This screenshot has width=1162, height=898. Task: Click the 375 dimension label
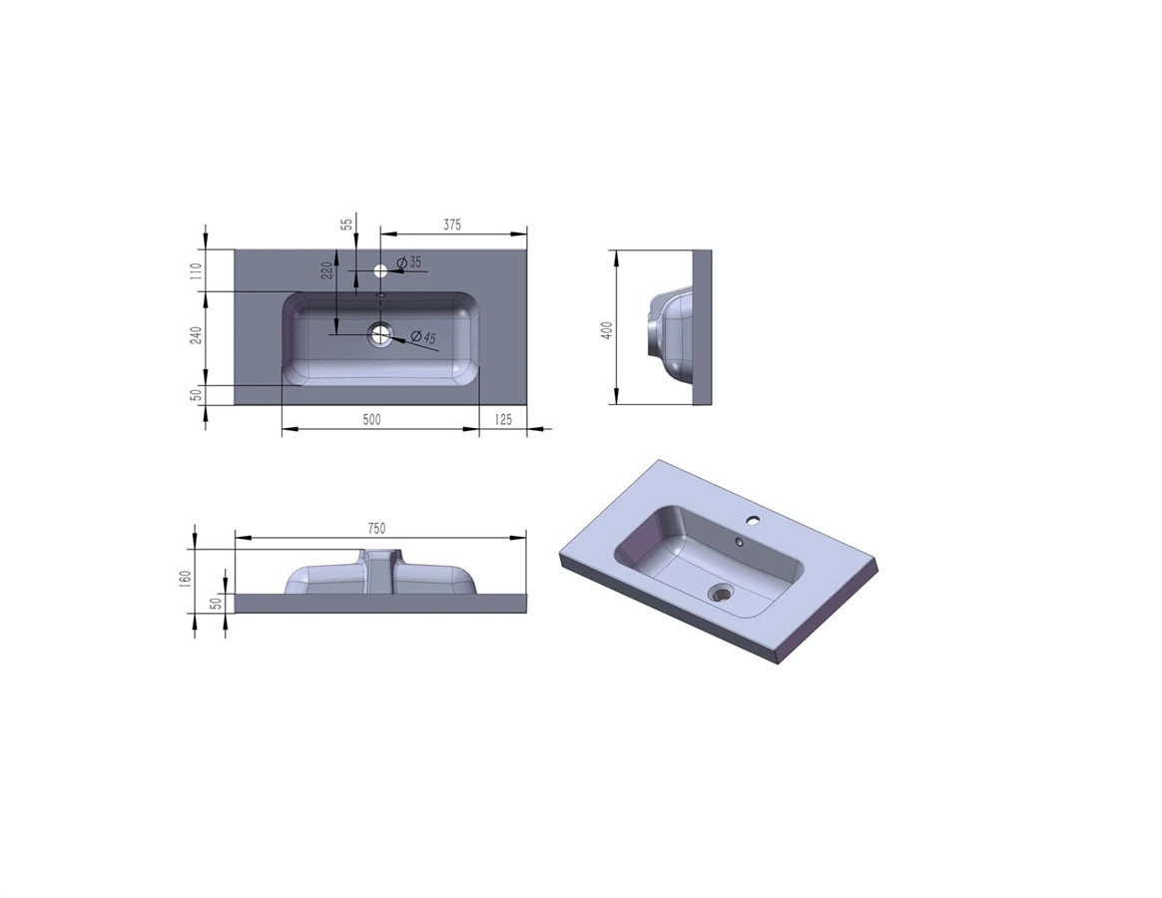click(x=452, y=224)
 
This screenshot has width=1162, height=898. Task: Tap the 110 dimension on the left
click(x=196, y=270)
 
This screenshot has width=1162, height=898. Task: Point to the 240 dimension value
click(x=196, y=335)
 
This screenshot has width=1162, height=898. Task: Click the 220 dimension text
click(x=326, y=271)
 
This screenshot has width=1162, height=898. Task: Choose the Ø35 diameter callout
click(x=409, y=262)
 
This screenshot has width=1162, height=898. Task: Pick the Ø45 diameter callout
click(x=423, y=337)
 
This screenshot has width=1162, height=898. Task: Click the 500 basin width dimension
click(x=371, y=419)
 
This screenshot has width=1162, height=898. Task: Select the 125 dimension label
click(x=502, y=419)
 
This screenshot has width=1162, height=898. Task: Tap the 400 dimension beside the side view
click(x=608, y=330)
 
